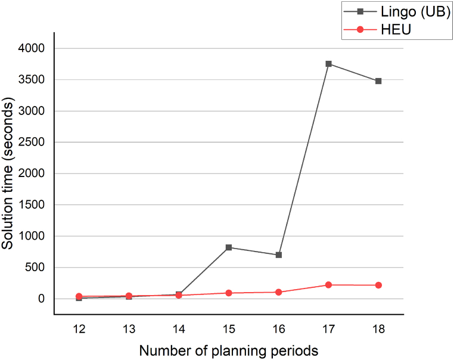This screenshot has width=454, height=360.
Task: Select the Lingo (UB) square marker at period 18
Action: pos(378,81)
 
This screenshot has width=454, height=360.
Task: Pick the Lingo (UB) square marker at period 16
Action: pos(279,255)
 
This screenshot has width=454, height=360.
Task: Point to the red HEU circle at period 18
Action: pos(378,285)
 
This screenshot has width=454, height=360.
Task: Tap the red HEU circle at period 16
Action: pos(279,292)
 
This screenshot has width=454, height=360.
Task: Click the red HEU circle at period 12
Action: pos(79,296)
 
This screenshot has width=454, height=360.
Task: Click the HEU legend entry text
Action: pos(395,30)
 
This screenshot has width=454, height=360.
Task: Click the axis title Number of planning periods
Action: pos(229,350)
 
